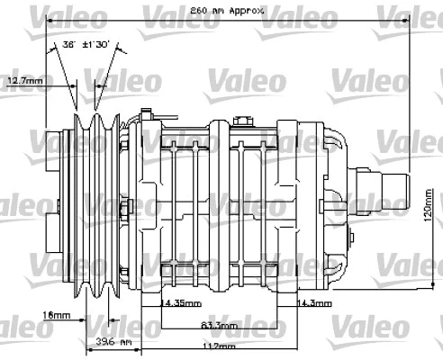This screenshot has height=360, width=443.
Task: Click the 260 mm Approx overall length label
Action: click(x=228, y=10)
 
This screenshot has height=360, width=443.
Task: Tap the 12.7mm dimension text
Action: click(x=24, y=81)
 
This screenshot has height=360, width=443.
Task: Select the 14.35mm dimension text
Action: click(x=179, y=303)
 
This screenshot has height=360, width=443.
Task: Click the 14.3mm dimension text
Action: click(x=316, y=303)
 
